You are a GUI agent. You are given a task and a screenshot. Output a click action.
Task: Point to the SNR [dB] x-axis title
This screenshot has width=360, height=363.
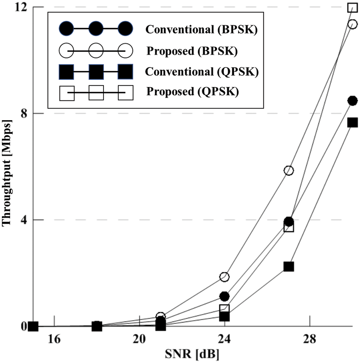tap(192, 355)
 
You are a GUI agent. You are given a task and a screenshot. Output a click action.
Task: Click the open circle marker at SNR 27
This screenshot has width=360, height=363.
tap(289, 171)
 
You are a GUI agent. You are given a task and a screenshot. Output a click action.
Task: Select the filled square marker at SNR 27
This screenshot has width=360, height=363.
tap(289, 266)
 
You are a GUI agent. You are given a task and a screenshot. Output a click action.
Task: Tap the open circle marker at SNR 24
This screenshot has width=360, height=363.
tap(225, 277)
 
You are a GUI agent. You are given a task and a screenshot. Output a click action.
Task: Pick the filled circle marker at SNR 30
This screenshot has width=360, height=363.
tap(352, 101)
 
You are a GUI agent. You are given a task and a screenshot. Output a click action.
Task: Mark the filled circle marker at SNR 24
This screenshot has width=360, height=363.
tap(225, 296)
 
